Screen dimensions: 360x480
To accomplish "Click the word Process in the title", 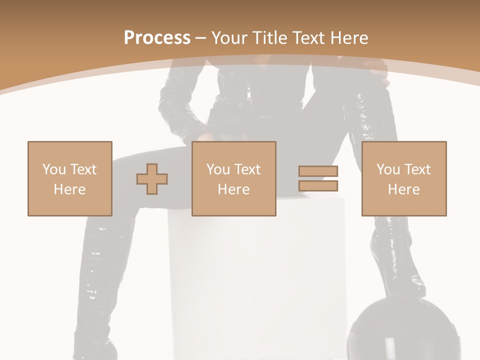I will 157,38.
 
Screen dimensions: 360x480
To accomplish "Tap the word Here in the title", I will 349,38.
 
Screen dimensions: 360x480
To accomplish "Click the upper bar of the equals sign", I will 318,171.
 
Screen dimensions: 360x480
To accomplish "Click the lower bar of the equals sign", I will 318,185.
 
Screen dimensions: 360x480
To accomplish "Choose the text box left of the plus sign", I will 69,178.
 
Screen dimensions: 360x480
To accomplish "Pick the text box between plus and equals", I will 233,178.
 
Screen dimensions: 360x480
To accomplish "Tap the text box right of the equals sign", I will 403,178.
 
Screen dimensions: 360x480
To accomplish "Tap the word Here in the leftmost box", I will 69,189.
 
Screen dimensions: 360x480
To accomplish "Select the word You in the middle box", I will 218,169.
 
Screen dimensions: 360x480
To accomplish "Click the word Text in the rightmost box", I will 417,169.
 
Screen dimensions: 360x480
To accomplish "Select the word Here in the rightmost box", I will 403,189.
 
